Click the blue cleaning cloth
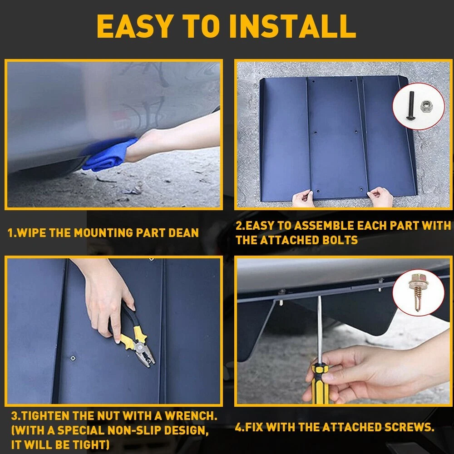(x=110, y=154)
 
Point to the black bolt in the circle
(x=410, y=105)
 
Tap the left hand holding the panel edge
(x=303, y=198)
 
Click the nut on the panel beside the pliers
(x=73, y=358)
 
